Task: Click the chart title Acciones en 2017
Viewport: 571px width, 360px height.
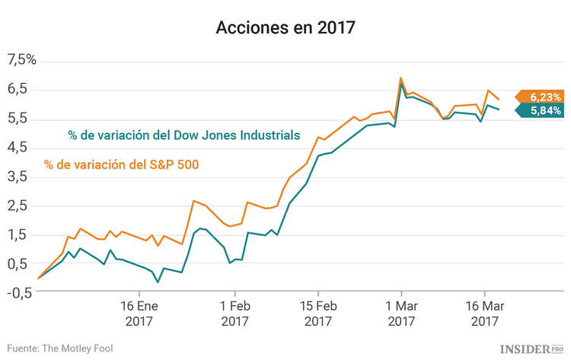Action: click(285, 28)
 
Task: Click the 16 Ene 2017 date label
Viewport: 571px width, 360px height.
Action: click(139, 314)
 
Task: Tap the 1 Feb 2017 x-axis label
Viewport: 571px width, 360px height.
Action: click(235, 314)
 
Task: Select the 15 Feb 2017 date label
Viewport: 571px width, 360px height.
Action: click(317, 314)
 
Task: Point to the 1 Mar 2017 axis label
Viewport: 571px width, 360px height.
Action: click(401, 314)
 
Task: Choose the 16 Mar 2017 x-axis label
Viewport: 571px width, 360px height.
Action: click(485, 314)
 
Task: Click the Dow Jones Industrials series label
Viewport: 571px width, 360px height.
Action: click(183, 136)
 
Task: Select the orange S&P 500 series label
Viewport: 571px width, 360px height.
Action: click(122, 164)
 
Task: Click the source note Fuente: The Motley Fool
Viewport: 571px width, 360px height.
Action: click(59, 349)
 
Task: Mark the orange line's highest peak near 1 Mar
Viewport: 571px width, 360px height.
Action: click(400, 78)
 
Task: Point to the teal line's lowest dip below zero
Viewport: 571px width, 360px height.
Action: click(158, 282)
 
